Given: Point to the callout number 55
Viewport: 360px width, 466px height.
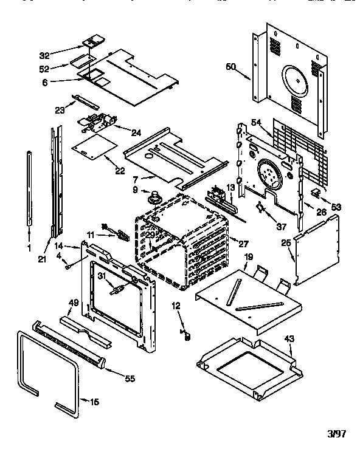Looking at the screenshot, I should [x=129, y=379].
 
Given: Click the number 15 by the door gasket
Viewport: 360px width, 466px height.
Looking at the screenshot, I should [x=94, y=402].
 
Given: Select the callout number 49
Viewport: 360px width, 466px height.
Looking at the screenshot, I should [x=72, y=303].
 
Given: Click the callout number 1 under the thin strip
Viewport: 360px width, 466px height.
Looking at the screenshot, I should [x=30, y=248].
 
